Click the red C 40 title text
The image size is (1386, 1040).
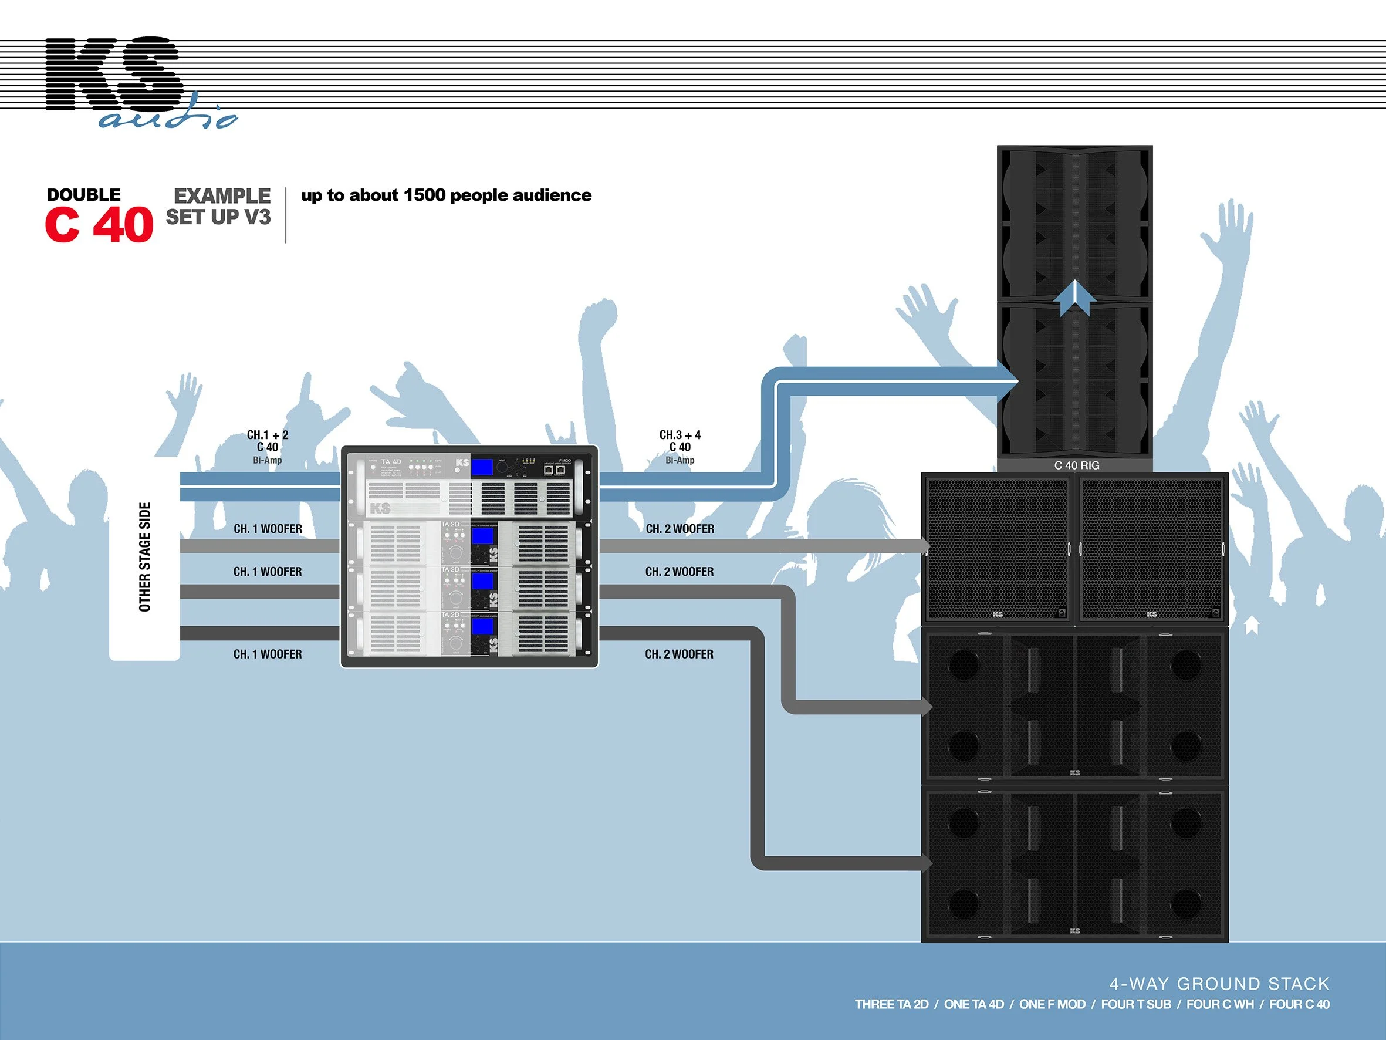pyautogui.click(x=99, y=224)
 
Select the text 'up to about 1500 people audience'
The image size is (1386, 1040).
pyautogui.click(x=446, y=195)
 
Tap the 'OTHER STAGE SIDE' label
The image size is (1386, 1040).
pyautogui.click(x=145, y=556)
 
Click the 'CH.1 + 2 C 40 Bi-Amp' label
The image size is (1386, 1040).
pyautogui.click(x=268, y=447)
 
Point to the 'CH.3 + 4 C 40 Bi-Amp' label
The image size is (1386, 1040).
pyautogui.click(x=680, y=447)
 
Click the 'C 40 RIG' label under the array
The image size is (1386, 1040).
pyautogui.click(x=1077, y=465)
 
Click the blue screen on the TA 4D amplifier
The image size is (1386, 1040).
pyautogui.click(x=481, y=467)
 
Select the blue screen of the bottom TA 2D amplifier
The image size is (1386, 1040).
pyautogui.click(x=482, y=627)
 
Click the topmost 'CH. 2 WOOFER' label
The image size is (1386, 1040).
pyautogui.click(x=680, y=529)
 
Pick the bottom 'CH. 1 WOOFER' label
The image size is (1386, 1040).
pyautogui.click(x=268, y=654)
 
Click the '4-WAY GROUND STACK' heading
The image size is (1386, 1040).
pyautogui.click(x=1219, y=984)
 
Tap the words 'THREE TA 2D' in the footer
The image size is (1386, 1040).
pyautogui.click(x=891, y=1004)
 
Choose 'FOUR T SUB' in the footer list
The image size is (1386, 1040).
pyautogui.click(x=1136, y=1004)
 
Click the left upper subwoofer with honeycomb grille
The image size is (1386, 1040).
pyautogui.click(x=998, y=549)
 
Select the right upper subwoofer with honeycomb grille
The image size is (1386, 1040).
pyautogui.click(x=1152, y=549)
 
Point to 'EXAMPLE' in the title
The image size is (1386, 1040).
pyautogui.click(x=222, y=195)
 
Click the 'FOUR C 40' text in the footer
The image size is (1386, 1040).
pyautogui.click(x=1299, y=1004)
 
